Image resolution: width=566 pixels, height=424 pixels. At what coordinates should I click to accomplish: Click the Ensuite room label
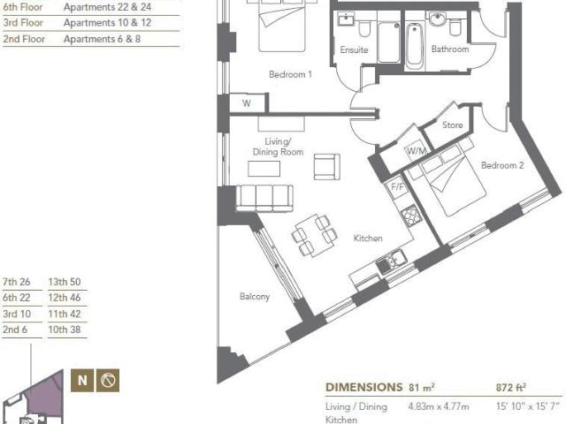tap(354, 49)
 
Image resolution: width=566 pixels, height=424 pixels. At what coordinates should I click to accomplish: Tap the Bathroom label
tap(450, 49)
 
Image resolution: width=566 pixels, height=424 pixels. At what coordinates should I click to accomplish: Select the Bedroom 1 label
tap(290, 74)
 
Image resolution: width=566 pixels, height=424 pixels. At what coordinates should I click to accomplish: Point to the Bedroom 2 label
tap(502, 165)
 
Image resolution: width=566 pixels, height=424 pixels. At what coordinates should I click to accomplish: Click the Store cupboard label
tap(452, 125)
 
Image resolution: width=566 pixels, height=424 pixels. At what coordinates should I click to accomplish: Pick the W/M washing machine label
tap(417, 151)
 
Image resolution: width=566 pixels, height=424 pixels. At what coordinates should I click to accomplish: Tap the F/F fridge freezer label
tap(397, 187)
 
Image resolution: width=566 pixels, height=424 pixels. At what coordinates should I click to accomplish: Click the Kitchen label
tap(368, 238)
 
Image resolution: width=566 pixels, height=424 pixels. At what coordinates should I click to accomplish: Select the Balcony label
tap(255, 297)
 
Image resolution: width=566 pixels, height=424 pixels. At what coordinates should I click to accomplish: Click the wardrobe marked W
tap(247, 103)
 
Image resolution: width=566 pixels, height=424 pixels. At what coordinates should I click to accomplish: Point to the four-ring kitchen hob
tap(410, 216)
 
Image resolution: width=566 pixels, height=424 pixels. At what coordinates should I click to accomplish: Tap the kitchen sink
tap(391, 262)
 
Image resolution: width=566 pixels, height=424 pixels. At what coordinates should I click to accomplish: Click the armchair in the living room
tap(326, 167)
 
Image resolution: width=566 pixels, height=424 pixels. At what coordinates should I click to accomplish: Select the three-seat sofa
tap(264, 198)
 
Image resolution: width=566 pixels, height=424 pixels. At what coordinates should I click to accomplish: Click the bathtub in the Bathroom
tap(415, 46)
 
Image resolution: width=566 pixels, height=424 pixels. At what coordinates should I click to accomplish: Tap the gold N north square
tap(82, 381)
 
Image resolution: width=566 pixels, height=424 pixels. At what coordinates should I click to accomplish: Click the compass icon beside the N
tap(108, 381)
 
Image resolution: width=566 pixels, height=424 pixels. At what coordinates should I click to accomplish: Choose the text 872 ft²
tap(511, 388)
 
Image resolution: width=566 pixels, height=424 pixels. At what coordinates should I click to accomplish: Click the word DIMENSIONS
tap(363, 388)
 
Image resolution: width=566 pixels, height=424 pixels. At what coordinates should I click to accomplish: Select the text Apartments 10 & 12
tap(107, 23)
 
